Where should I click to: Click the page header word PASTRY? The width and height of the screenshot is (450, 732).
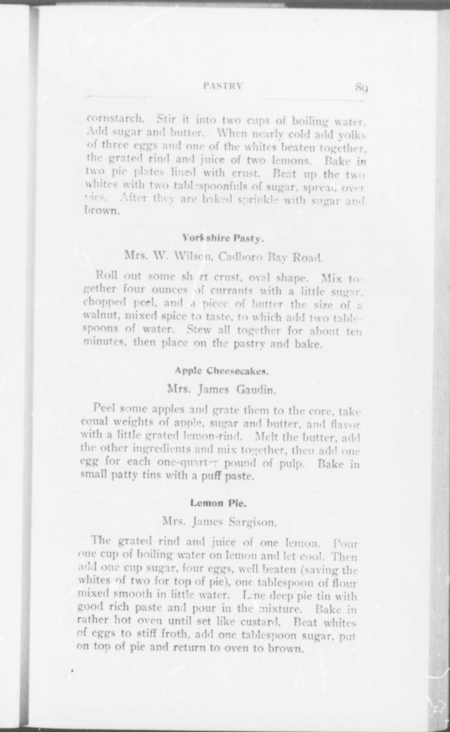click(222, 86)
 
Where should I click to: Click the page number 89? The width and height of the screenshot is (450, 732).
click(362, 87)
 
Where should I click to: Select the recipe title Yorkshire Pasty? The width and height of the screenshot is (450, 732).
click(222, 239)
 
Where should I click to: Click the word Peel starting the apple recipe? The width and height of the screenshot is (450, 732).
click(104, 408)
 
